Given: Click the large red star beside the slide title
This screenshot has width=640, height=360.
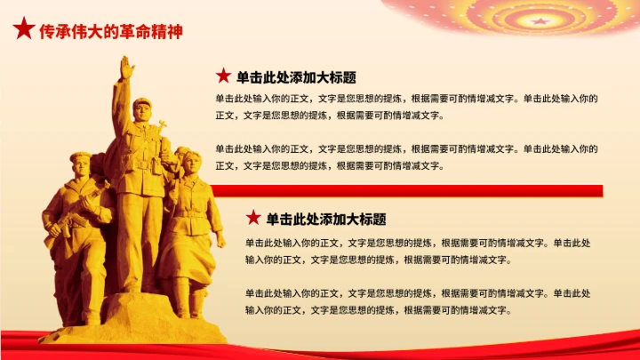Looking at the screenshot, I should point(22,31).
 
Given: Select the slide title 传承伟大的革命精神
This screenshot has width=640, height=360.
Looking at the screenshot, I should point(111,32).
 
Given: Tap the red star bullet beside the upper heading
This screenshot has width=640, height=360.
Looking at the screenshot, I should point(223,76).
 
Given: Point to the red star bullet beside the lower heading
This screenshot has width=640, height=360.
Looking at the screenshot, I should point(252,218).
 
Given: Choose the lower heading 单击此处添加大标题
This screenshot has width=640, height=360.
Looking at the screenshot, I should point(325,219).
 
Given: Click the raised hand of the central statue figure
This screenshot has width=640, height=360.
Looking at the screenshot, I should point(127,67).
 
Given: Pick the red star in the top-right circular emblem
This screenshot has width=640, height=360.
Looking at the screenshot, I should point(539,20).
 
